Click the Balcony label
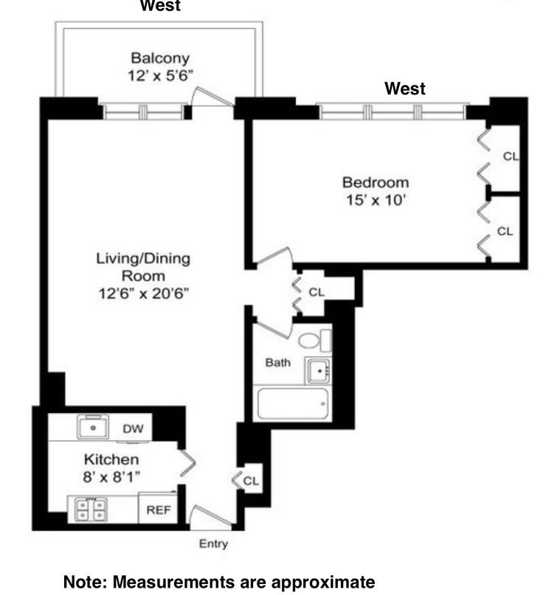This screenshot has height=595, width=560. tap(160, 58)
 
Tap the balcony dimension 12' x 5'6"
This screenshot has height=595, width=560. tap(160, 75)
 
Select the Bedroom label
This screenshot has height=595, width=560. tap(375, 182)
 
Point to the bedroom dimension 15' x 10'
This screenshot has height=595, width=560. tap(375, 200)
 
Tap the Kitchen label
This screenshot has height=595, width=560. tap(111, 459)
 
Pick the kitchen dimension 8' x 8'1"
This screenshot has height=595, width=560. tap(111, 476)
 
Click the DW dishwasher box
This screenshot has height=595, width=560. tap(133, 428)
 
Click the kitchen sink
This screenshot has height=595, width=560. tap(94, 427)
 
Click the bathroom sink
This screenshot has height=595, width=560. tap(319, 371)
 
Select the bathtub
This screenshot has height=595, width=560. tap(292, 403)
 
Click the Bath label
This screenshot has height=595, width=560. tap(277, 363)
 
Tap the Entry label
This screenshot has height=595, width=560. tap(213, 544)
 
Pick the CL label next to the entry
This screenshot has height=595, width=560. tap(251, 481)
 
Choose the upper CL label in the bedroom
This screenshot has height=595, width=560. tap(511, 156)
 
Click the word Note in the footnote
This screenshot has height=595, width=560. tap(84, 582)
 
